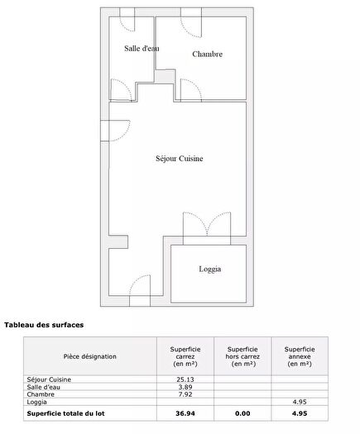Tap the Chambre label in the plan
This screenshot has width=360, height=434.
click(208, 55)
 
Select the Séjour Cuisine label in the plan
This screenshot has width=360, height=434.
click(180, 159)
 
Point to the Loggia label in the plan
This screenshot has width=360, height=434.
click(210, 269)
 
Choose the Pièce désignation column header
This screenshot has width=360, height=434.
click(90, 356)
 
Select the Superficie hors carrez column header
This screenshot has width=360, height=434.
click(242, 356)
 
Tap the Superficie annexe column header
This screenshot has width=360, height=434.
click(298, 356)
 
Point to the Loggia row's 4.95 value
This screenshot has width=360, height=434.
click(299, 402)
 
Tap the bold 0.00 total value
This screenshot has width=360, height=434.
click(242, 413)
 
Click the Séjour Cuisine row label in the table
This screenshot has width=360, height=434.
click(48, 379)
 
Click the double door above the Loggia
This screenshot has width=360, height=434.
click(207, 227)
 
